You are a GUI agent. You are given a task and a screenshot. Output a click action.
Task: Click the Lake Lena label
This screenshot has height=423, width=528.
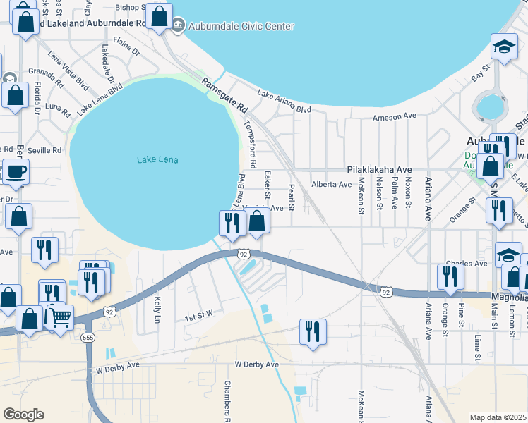point(157,160)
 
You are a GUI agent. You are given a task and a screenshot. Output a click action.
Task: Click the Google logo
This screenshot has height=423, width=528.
point(23,414)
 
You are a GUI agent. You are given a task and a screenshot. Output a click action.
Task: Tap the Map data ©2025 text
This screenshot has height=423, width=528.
point(498,417)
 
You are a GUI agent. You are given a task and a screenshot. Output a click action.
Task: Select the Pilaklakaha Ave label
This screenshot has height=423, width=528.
point(378,170)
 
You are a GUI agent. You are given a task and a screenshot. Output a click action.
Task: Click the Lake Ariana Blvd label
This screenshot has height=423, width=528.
point(284,102)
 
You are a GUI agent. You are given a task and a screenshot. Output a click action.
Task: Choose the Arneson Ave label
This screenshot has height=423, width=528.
point(395,116)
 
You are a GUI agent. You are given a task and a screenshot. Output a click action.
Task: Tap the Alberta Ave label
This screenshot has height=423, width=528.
point(331,185)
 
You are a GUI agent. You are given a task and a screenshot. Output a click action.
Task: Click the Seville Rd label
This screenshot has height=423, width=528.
point(46,150)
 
